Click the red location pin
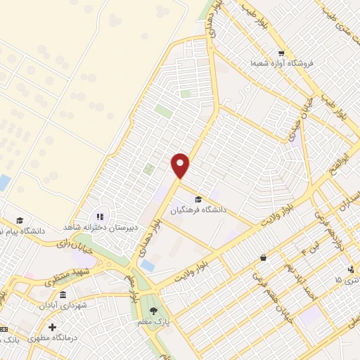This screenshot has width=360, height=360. (181, 165)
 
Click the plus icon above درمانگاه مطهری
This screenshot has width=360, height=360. (52, 327)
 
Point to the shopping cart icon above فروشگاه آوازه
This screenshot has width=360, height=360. (280, 53)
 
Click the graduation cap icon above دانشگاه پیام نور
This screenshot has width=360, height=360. (20, 220)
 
